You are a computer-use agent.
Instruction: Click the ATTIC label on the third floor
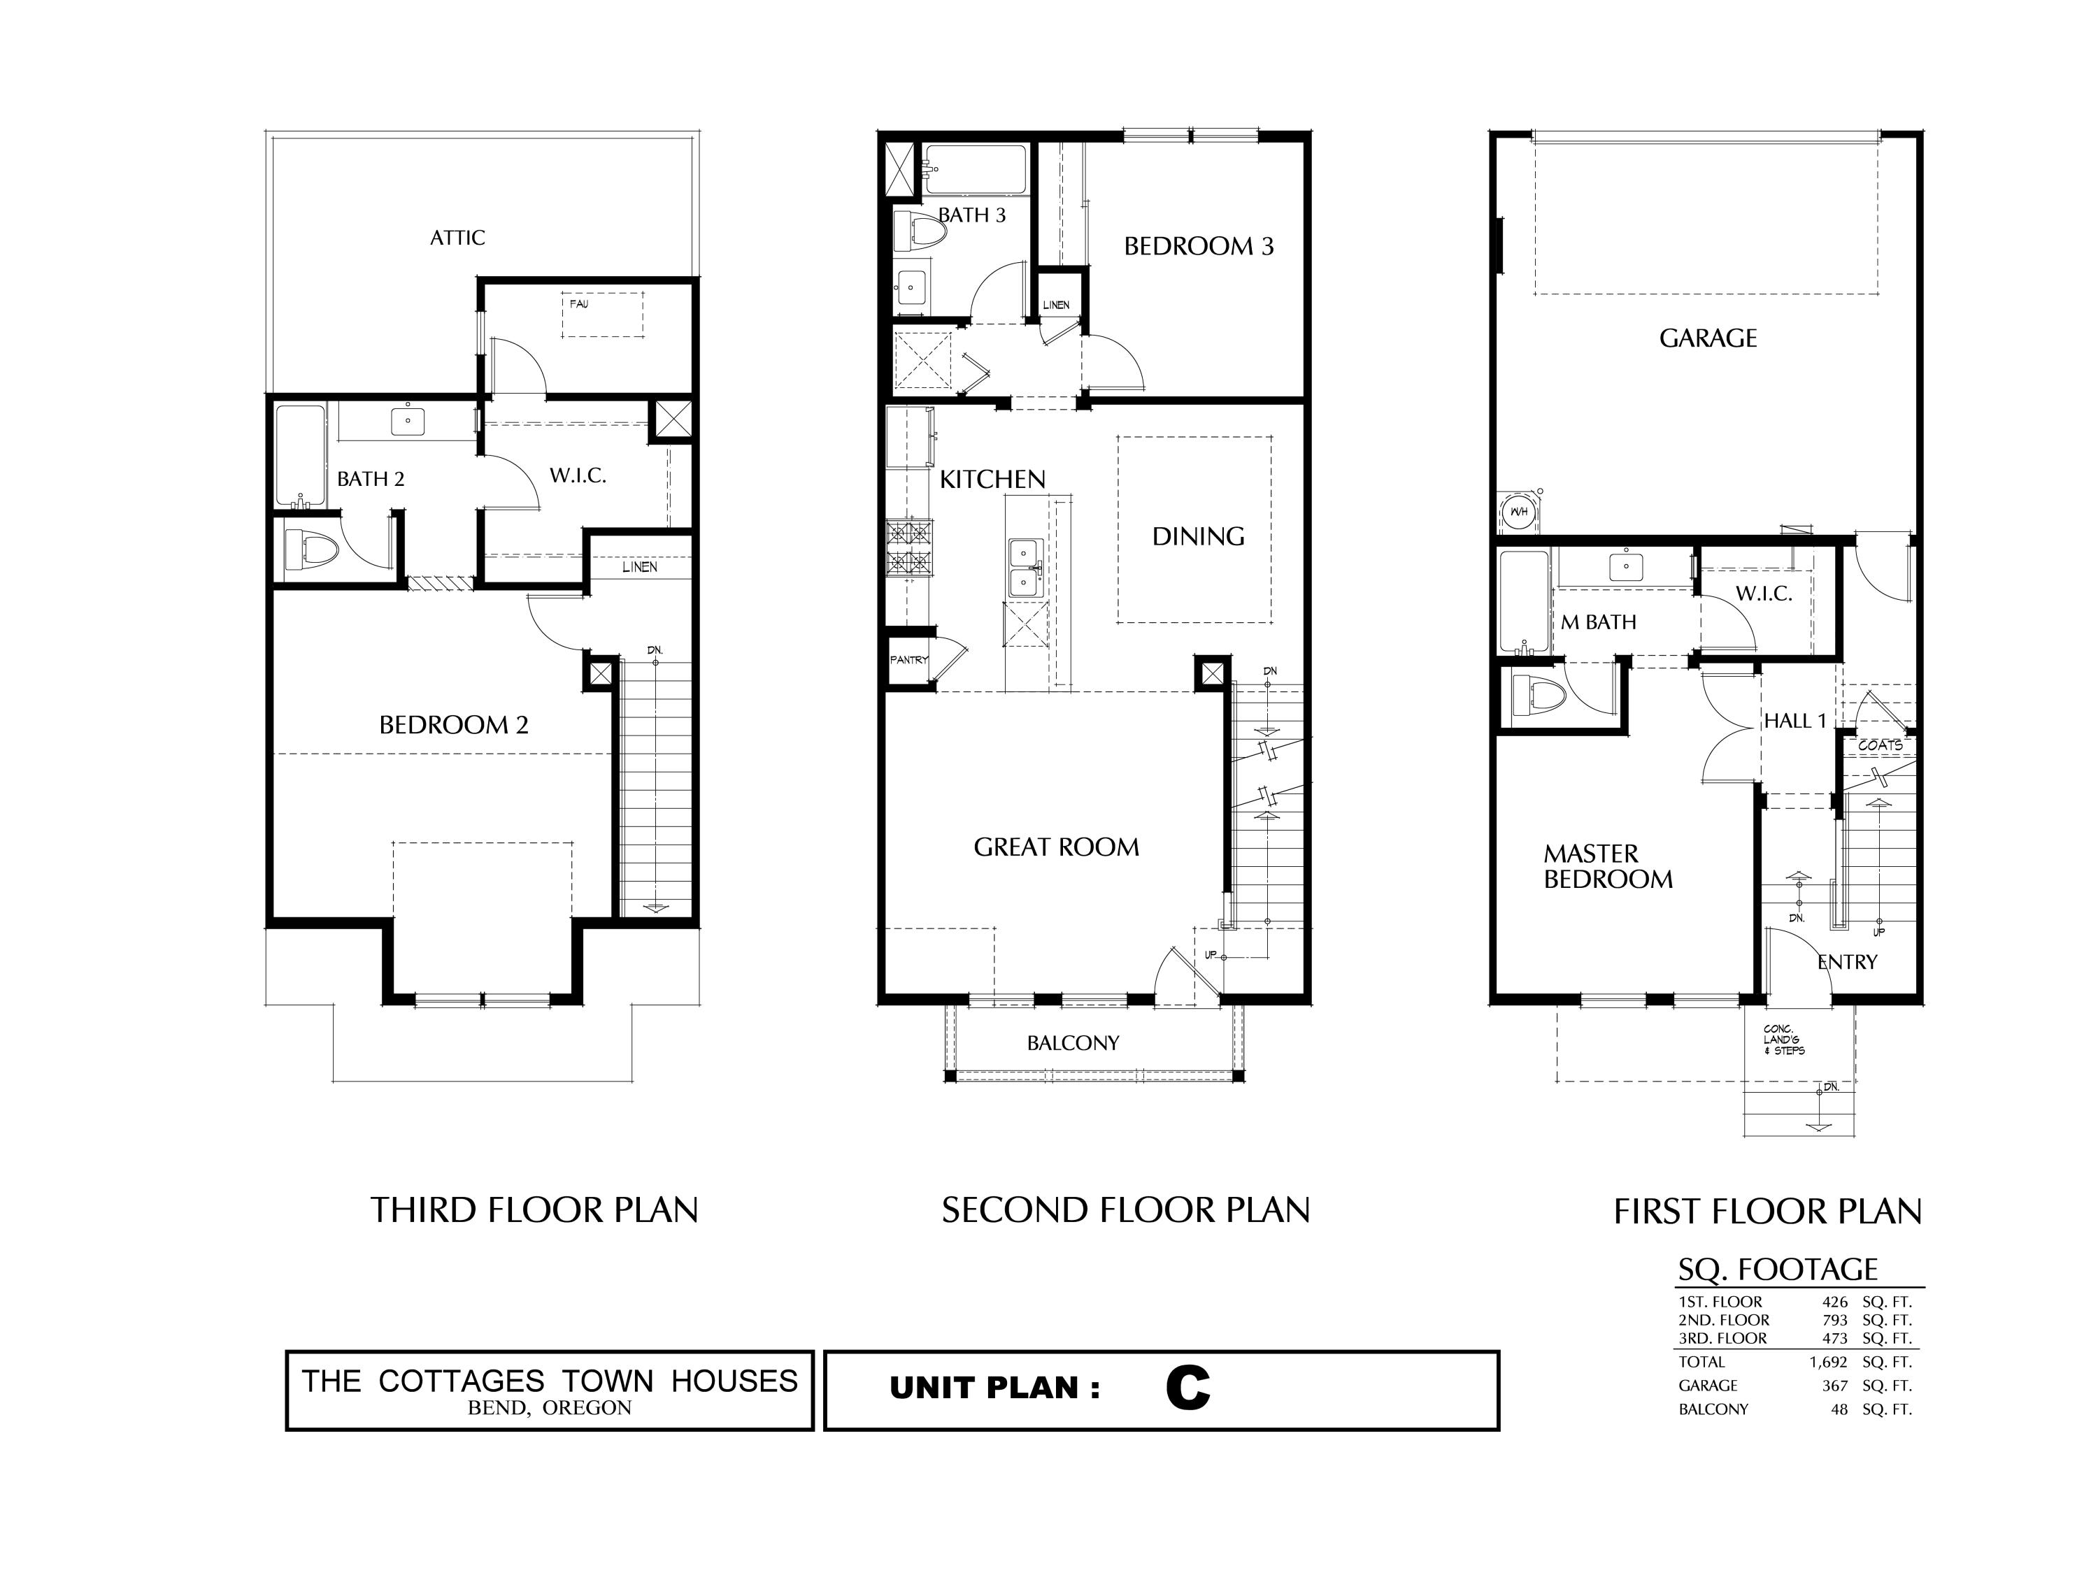click(x=457, y=237)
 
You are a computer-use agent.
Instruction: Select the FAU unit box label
click(x=578, y=304)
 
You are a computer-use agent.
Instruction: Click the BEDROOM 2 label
click(x=453, y=726)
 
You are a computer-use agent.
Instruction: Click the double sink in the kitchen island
click(x=1025, y=568)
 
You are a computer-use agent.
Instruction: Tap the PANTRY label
click(x=908, y=660)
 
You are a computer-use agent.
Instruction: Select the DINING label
click(x=1198, y=537)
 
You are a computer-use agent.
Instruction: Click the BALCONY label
click(x=1073, y=1043)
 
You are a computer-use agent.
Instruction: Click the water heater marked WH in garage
click(x=1518, y=512)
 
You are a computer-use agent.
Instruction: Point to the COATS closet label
click(x=1880, y=745)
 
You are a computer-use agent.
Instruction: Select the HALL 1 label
click(x=1794, y=721)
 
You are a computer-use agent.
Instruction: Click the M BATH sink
click(x=1626, y=567)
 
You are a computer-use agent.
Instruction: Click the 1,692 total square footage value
click(x=1827, y=1363)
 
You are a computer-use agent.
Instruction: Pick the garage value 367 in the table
click(x=1834, y=1385)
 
